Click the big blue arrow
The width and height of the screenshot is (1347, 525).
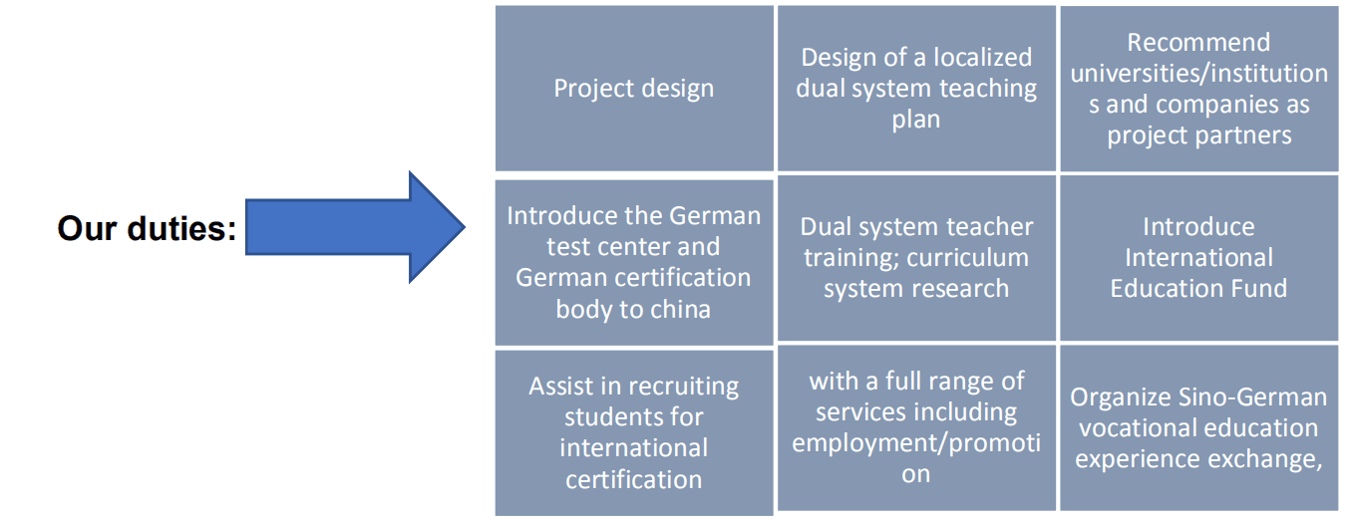tap(354, 227)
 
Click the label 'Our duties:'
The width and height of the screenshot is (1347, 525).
tap(147, 229)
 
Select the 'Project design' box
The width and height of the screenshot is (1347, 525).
tap(634, 89)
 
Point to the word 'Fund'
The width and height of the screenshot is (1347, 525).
tap(1260, 289)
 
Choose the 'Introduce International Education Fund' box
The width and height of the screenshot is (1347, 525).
tap(1198, 258)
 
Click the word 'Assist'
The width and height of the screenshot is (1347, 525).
tap(563, 387)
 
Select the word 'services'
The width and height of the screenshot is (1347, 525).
tap(861, 411)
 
